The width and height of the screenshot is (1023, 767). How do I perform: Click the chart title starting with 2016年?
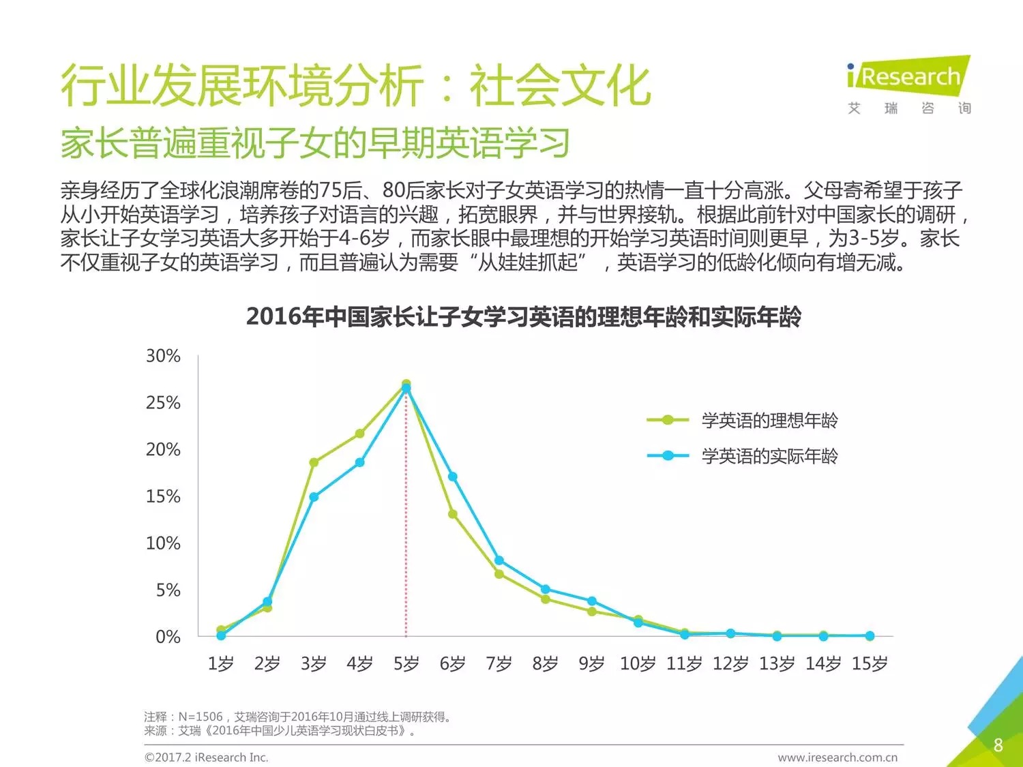click(x=523, y=317)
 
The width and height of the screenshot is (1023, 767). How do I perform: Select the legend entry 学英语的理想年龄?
click(x=769, y=421)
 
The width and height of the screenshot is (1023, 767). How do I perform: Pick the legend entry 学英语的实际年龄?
click(x=769, y=456)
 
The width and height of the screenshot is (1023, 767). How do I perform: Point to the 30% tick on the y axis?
click(x=163, y=356)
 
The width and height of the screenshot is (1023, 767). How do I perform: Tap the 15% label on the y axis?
click(x=163, y=496)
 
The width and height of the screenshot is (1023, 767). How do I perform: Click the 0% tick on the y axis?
click(x=168, y=637)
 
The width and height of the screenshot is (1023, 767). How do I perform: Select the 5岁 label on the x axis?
click(x=406, y=663)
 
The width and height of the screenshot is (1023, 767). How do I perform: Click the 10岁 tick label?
click(x=638, y=663)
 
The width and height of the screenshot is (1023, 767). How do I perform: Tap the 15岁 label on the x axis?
click(x=870, y=663)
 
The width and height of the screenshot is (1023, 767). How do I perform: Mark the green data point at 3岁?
click(x=314, y=462)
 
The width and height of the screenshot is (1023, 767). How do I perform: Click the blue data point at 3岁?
click(x=314, y=497)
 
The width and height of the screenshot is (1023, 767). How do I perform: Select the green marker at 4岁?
click(x=360, y=434)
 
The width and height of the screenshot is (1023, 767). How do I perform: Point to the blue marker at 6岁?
click(x=452, y=477)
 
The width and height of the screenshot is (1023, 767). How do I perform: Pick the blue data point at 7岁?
click(x=499, y=560)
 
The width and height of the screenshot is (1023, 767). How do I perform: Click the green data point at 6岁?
click(x=452, y=514)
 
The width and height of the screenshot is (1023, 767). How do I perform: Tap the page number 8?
click(x=998, y=745)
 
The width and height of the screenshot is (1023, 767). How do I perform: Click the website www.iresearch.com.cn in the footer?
click(x=837, y=757)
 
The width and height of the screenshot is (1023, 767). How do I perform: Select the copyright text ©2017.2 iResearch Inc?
click(x=207, y=757)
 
